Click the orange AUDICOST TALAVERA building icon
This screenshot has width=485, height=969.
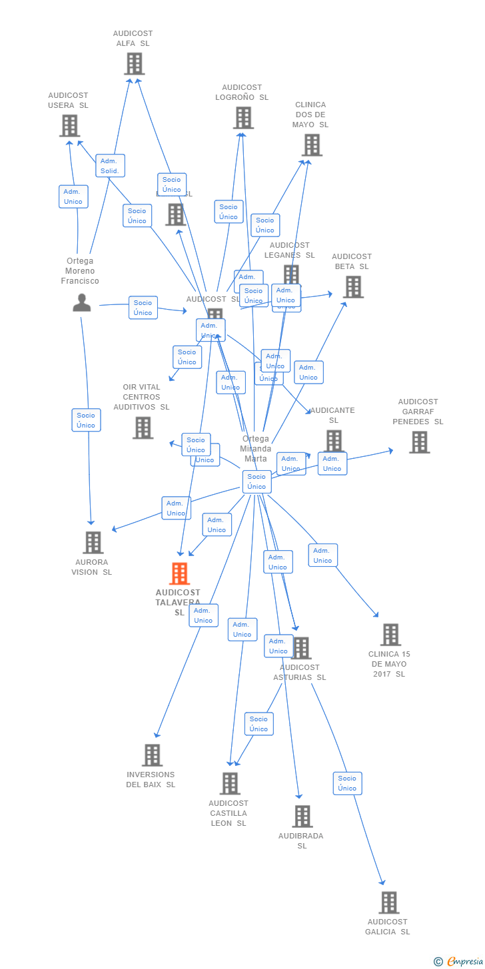click(x=179, y=573)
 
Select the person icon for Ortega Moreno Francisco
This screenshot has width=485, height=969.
click(x=81, y=303)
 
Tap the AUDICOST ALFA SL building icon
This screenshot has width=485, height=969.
click(x=134, y=64)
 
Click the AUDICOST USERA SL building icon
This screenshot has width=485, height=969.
click(x=69, y=126)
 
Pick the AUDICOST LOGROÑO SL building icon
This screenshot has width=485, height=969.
click(x=243, y=118)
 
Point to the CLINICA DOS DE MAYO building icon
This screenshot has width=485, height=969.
click(x=312, y=145)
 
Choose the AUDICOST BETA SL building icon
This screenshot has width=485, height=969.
click(x=353, y=287)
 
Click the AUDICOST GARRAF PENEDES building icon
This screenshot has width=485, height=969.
click(x=419, y=442)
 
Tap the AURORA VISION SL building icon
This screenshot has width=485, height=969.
click(x=93, y=543)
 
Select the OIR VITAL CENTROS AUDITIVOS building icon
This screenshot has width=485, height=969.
click(x=143, y=428)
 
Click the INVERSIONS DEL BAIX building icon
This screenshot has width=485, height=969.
click(x=153, y=755)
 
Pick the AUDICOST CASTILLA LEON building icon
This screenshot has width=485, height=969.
click(x=230, y=784)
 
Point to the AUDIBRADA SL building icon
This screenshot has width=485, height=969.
click(x=302, y=816)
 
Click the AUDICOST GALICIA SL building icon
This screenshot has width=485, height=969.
click(x=389, y=902)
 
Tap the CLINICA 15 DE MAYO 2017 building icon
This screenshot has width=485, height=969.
click(x=390, y=635)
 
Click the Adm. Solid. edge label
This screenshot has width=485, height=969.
click(x=110, y=166)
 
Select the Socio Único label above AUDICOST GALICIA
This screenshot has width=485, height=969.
click(x=347, y=783)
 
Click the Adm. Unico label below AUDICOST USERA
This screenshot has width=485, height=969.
click(x=73, y=196)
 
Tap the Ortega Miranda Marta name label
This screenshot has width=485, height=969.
click(x=256, y=448)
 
